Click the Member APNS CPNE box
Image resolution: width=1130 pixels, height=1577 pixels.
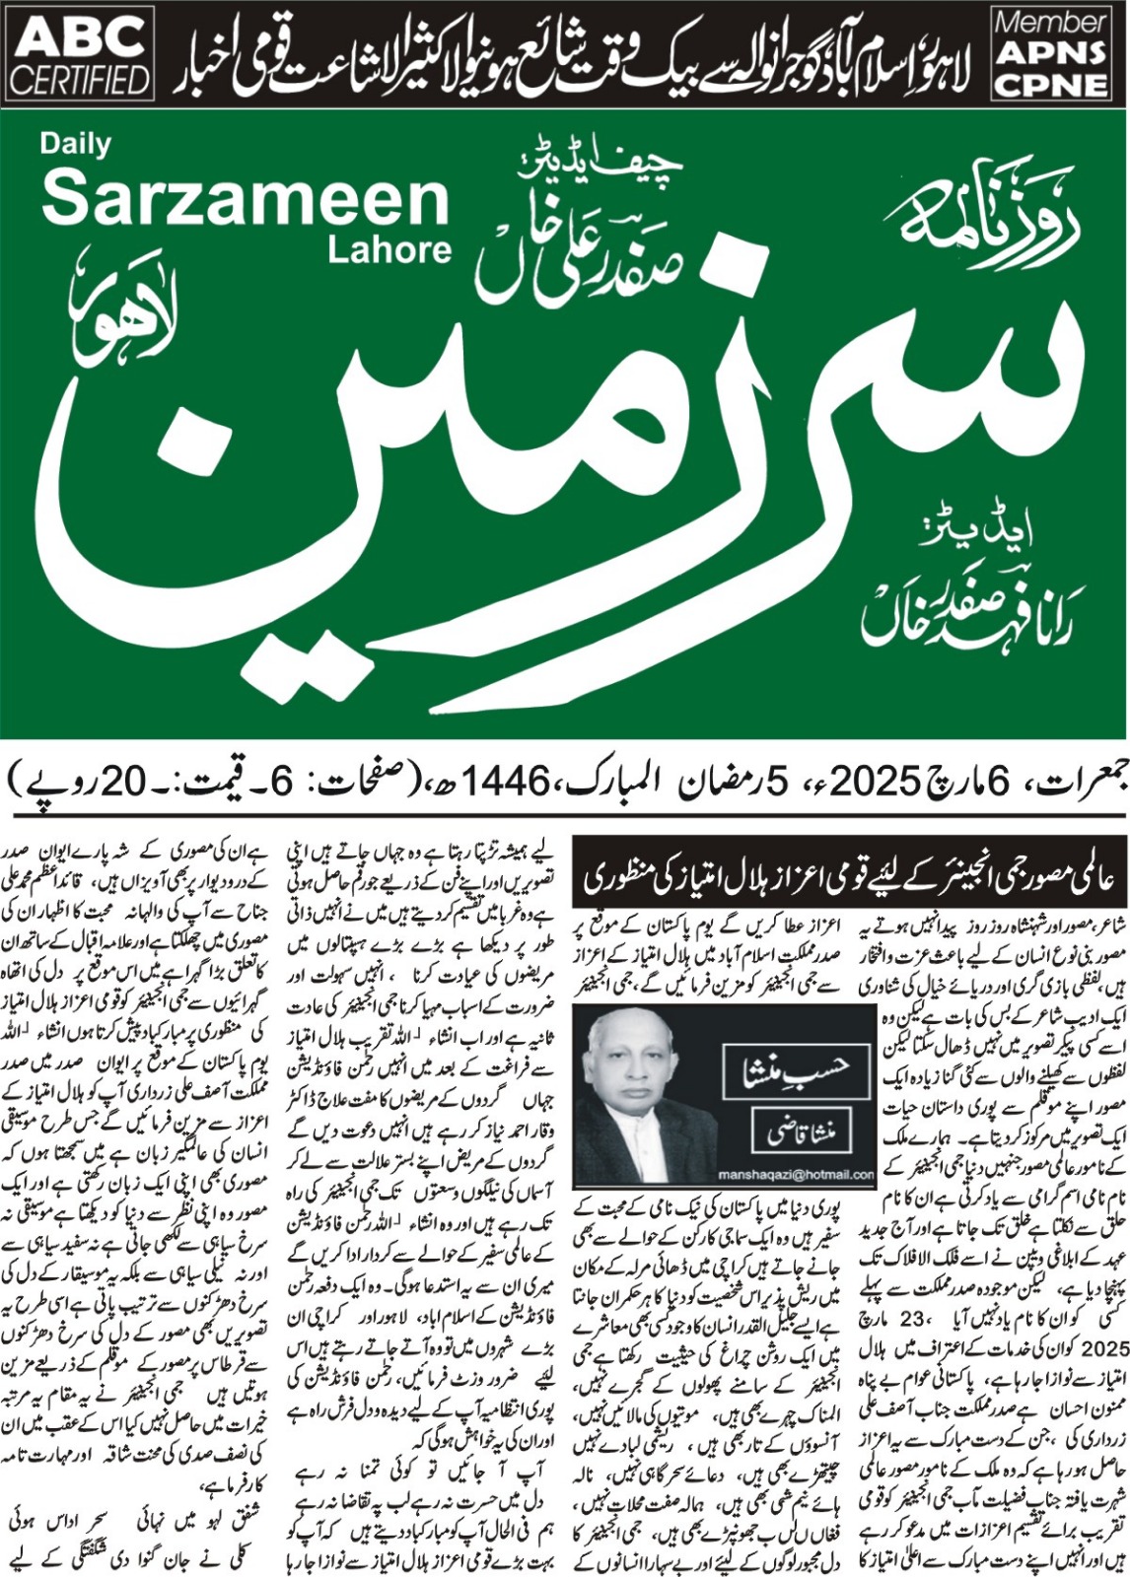click(1050, 53)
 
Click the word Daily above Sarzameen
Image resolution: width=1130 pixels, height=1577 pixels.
click(75, 144)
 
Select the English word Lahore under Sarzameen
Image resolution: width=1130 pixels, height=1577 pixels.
click(389, 249)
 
